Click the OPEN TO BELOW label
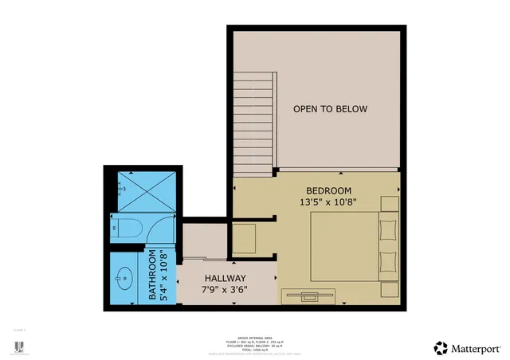[329, 109]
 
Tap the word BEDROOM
[328, 190]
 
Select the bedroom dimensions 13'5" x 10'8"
[328, 202]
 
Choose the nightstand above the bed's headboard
[390, 204]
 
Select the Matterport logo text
[476, 348]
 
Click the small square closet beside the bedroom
[244, 237]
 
